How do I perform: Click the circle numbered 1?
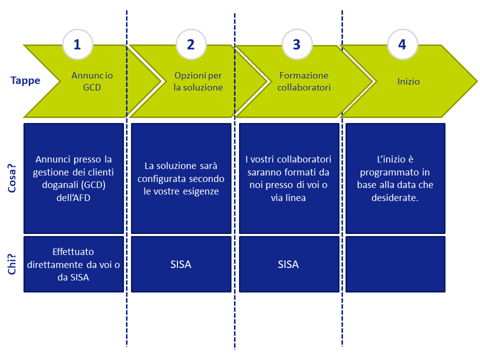coord(77,44)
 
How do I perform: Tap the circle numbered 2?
coord(191,44)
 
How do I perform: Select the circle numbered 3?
coord(297,44)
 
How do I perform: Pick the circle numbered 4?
coord(402,44)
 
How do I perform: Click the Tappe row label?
coord(25,80)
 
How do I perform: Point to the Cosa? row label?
coord(11,178)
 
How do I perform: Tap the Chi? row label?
coord(11,264)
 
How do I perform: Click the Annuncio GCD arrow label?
coord(92,81)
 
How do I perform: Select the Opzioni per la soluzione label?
coord(198,81)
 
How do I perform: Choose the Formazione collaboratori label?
coord(304,81)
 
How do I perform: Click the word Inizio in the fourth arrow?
coord(408,81)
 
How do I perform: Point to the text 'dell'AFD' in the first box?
coord(73,198)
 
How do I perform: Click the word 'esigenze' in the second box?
coord(201,191)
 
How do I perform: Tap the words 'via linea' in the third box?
coord(288,198)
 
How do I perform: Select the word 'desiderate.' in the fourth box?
coord(395,198)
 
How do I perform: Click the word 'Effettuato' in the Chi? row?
coord(73,251)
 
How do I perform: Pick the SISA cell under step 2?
coord(181,264)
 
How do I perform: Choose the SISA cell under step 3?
coord(289,264)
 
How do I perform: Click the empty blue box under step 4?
coord(395,264)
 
